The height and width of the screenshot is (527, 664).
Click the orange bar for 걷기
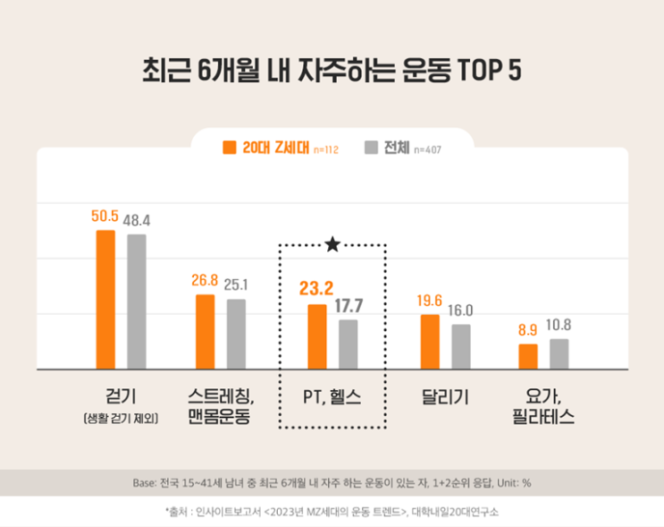[105, 300]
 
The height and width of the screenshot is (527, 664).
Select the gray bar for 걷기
[136, 302]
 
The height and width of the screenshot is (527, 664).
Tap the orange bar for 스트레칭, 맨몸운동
[205, 331]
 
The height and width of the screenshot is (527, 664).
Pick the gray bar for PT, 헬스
[348, 344]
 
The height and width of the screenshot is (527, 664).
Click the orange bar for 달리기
[430, 342]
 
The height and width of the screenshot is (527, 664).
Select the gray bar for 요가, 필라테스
[559, 353]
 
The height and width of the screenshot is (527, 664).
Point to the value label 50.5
[105, 217]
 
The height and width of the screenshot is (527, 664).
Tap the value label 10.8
[559, 326]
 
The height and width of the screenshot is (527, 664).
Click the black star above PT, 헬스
[332, 243]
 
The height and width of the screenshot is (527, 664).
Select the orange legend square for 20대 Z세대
[229, 147]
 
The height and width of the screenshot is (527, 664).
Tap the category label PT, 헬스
[332, 396]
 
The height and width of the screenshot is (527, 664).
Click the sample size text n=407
[426, 149]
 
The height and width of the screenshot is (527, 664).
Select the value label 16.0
[461, 311]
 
